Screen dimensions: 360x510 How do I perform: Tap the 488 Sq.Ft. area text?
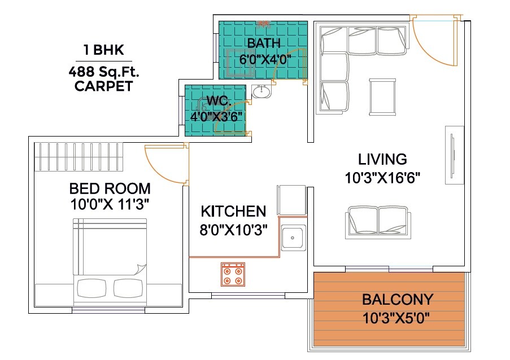point(104,72)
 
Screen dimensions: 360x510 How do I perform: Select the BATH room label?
point(264,43)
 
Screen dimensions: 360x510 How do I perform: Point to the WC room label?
point(217,102)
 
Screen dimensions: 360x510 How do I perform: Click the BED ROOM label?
point(110,188)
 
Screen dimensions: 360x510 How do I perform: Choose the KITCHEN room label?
point(233,212)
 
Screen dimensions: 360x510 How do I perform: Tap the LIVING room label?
point(382,159)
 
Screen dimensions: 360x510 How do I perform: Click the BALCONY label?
point(397,299)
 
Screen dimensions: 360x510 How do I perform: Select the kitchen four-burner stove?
point(233,274)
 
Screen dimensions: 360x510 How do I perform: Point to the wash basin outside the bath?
point(261,91)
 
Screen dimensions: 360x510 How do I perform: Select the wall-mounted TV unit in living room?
point(453,155)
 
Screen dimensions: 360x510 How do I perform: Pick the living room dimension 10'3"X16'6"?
point(382,178)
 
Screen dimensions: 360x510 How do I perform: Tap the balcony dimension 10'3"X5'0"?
point(397,317)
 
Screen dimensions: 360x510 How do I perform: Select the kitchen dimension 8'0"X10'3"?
point(233,230)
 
